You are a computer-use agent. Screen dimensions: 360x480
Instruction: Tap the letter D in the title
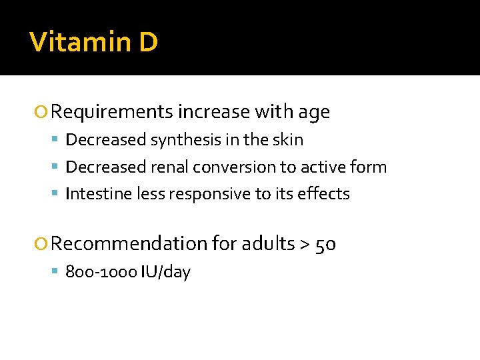tap(149, 42)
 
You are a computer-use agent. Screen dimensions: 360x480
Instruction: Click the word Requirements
tap(111, 112)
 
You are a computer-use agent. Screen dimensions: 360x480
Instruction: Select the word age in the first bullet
tap(313, 112)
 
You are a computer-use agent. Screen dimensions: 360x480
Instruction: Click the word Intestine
tap(98, 193)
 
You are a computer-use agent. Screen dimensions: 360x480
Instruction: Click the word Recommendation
tap(129, 244)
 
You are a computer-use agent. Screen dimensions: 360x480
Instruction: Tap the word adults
tap(268, 244)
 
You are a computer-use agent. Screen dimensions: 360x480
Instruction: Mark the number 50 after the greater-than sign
tap(325, 244)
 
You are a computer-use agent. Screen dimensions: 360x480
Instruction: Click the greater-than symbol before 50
tap(305, 245)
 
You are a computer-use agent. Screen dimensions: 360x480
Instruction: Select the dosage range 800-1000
tap(101, 272)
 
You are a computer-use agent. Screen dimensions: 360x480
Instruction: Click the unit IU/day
tap(165, 272)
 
